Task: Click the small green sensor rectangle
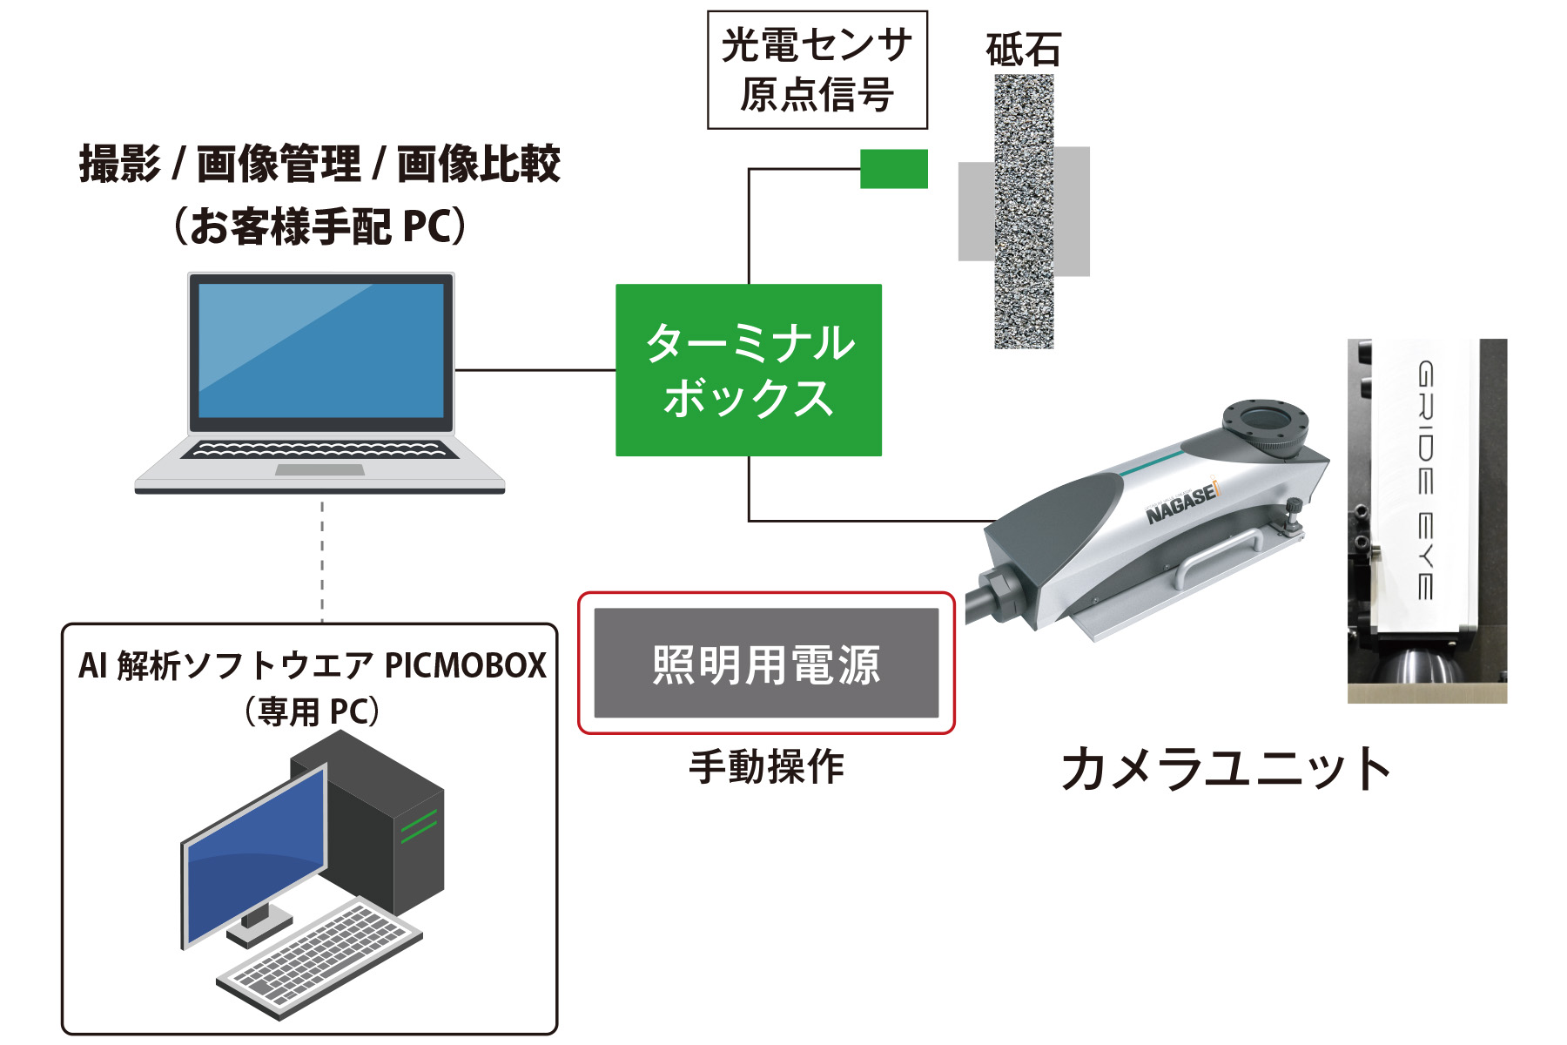pos(893,169)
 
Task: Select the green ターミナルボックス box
pos(748,369)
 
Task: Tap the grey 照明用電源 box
pos(766,664)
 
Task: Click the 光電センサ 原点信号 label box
pos(817,70)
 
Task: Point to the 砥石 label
pos(1023,50)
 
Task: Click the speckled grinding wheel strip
pos(1024,212)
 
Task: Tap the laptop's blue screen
pos(321,351)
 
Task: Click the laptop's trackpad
pos(319,470)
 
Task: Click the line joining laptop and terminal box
pos(535,370)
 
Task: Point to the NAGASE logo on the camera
pos(1182,504)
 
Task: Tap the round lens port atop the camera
pos(1264,421)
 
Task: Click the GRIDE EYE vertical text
pos(1425,480)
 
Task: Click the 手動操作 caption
pos(766,767)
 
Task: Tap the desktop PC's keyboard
pos(318,959)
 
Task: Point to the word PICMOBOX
pos(465,666)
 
